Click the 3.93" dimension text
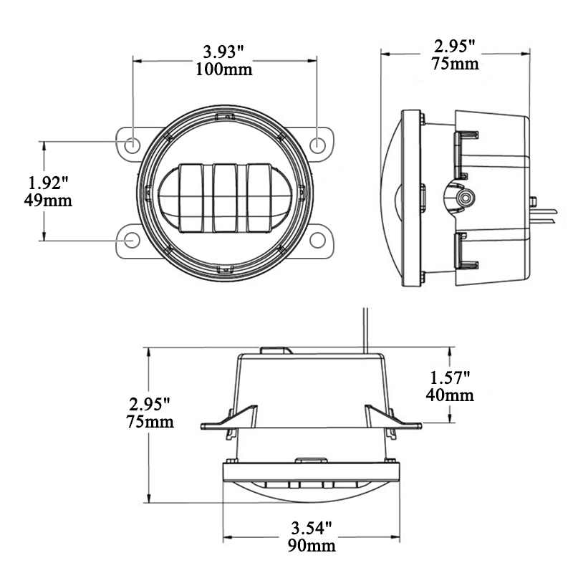click(223, 52)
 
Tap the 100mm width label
click(223, 69)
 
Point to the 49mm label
click(48, 200)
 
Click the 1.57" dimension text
click(451, 377)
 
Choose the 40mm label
click(451, 395)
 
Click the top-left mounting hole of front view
click(133, 144)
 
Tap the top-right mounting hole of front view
click(317, 144)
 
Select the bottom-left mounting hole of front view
click(133, 241)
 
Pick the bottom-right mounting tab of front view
click(320, 241)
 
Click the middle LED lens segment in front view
click(224, 197)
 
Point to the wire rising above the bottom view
click(366, 329)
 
